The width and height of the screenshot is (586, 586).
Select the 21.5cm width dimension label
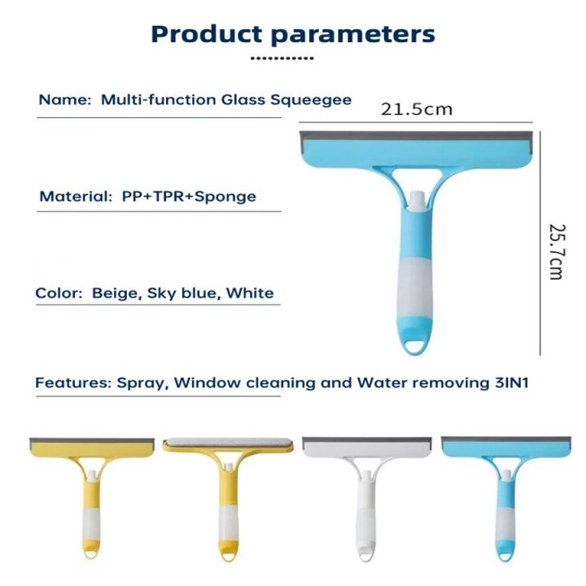[x=417, y=109]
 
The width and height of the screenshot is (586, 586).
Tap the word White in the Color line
[x=250, y=293]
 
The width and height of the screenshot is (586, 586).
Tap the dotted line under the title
[x=282, y=59]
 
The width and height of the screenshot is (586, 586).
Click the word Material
[x=72, y=196]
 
